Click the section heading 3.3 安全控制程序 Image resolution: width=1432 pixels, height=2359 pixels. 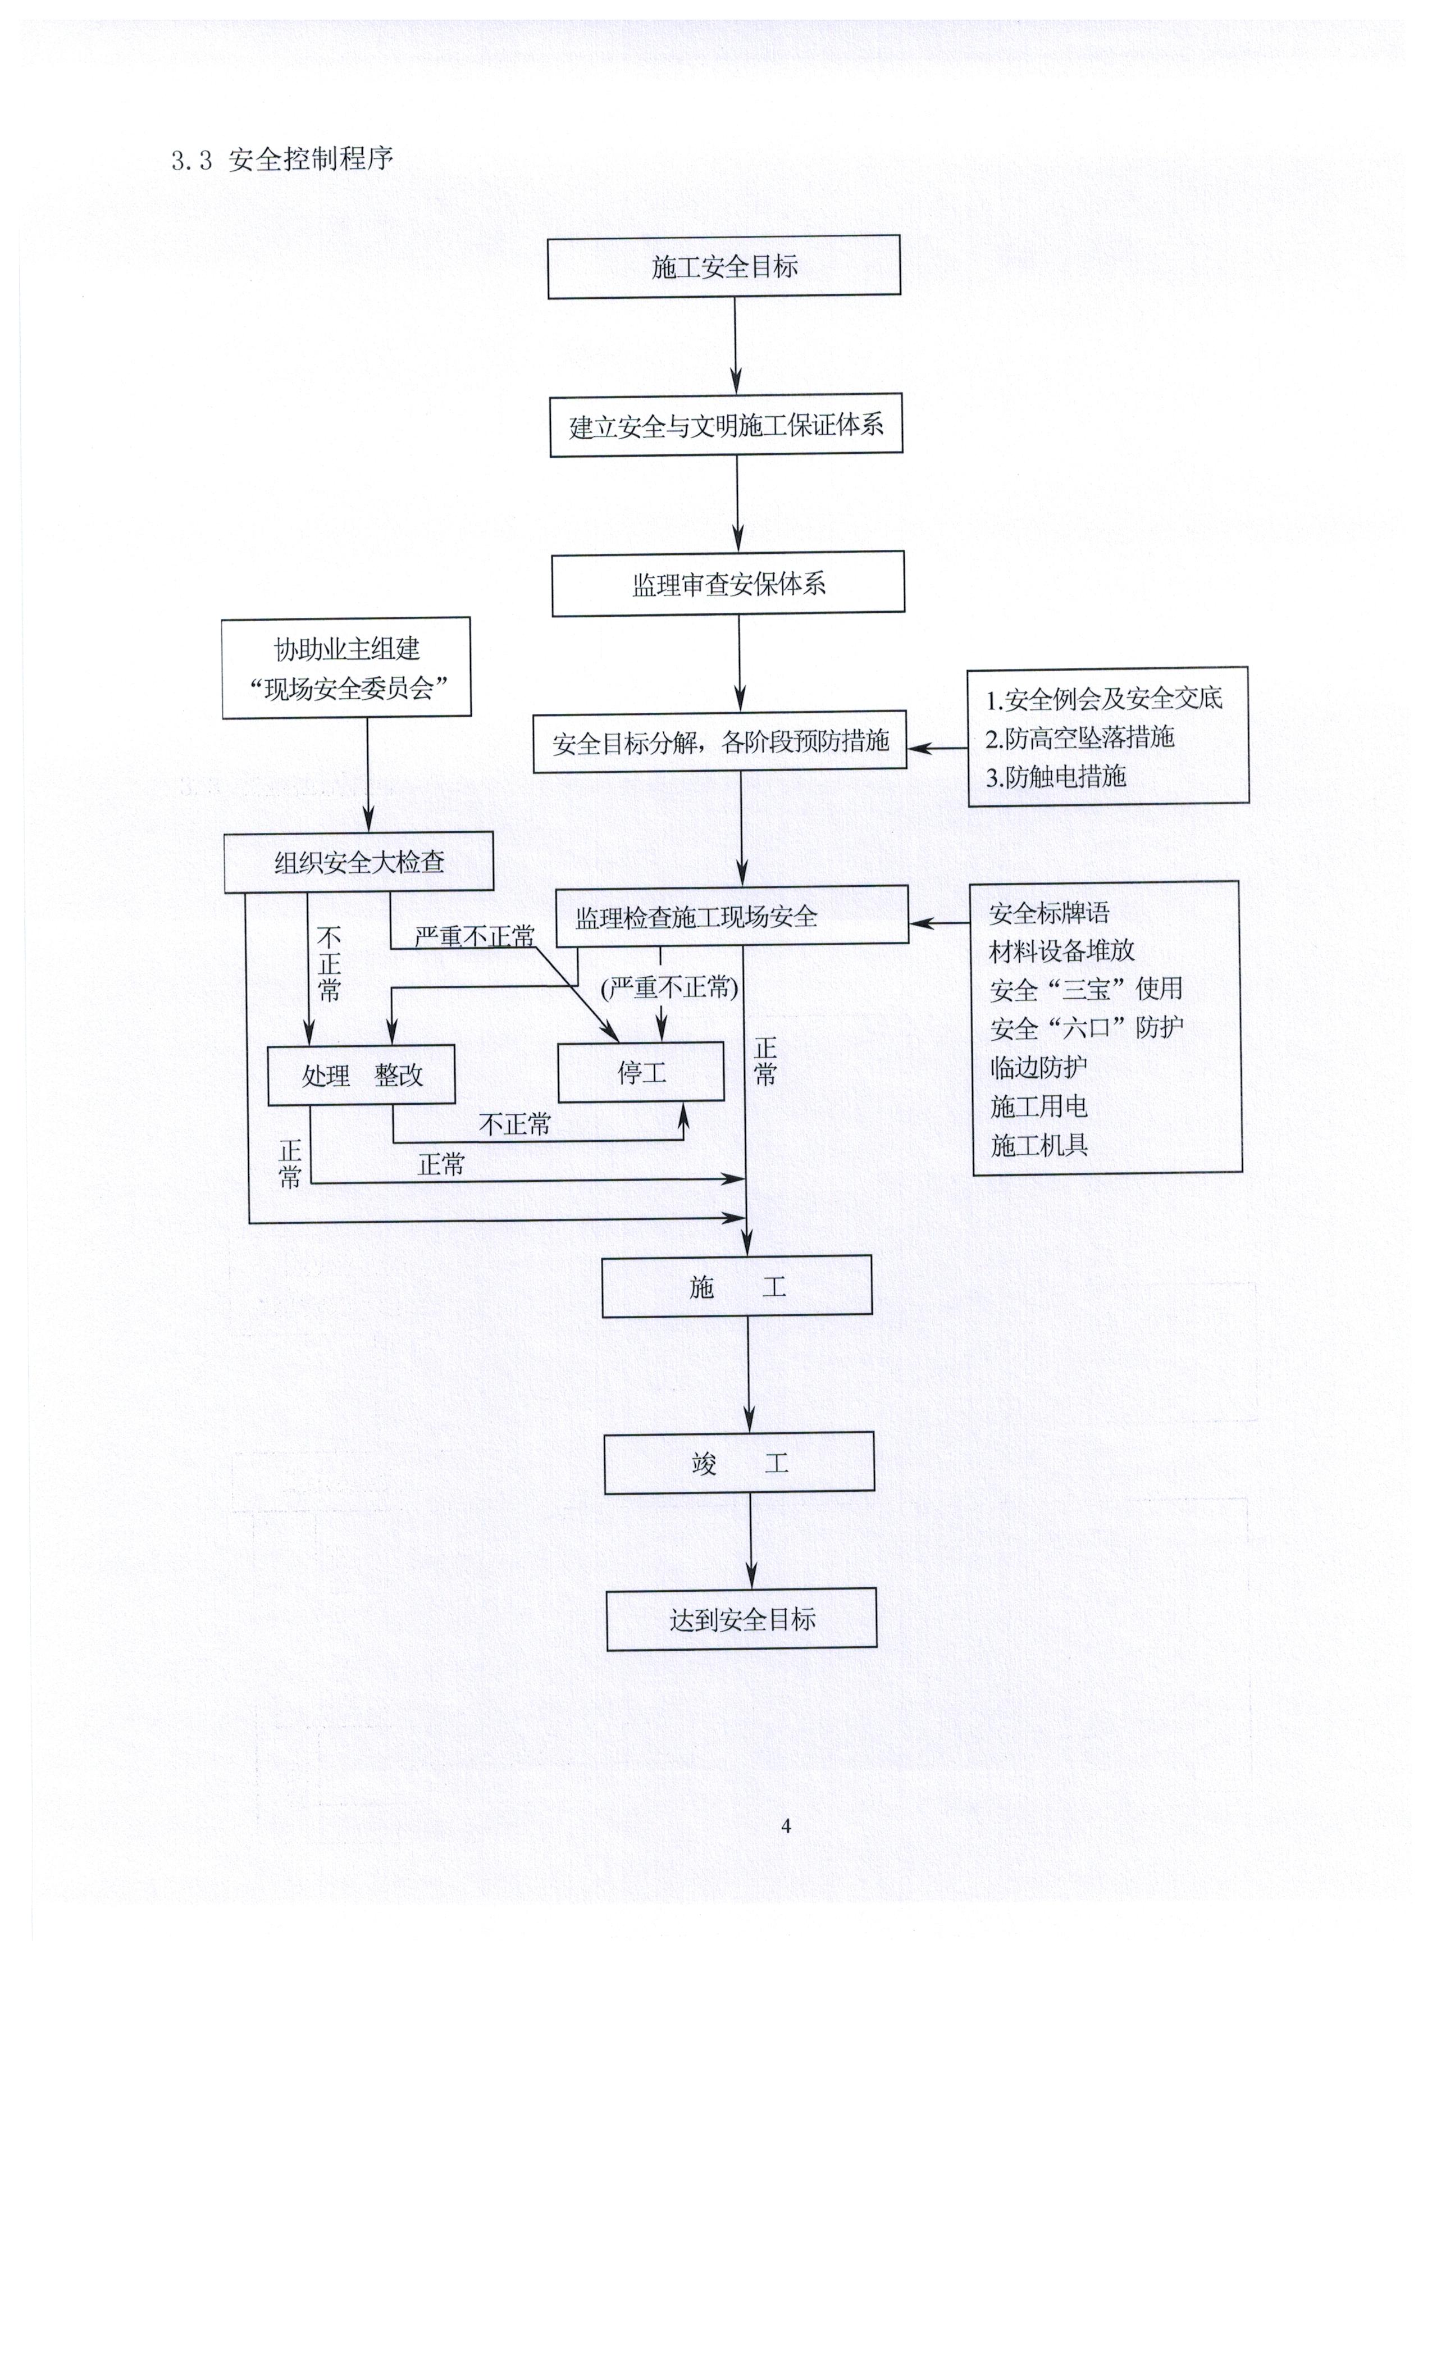(282, 159)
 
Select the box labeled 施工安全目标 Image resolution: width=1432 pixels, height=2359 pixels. (724, 266)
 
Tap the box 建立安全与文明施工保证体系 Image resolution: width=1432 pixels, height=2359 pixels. (726, 425)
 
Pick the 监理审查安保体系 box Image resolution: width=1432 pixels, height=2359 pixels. (727, 583)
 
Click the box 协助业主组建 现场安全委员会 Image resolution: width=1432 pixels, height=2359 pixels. (346, 667)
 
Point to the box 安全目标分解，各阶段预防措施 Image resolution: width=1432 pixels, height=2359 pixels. (720, 742)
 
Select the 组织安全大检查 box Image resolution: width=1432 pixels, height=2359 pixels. (359, 862)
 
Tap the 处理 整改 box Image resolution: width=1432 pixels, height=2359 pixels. (361, 1074)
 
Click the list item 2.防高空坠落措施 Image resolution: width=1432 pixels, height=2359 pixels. (1080, 737)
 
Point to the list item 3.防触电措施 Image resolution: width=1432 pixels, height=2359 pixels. (1056, 776)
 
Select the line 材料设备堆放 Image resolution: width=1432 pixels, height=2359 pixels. (1061, 951)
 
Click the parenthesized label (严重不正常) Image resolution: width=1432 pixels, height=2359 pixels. (669, 987)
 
